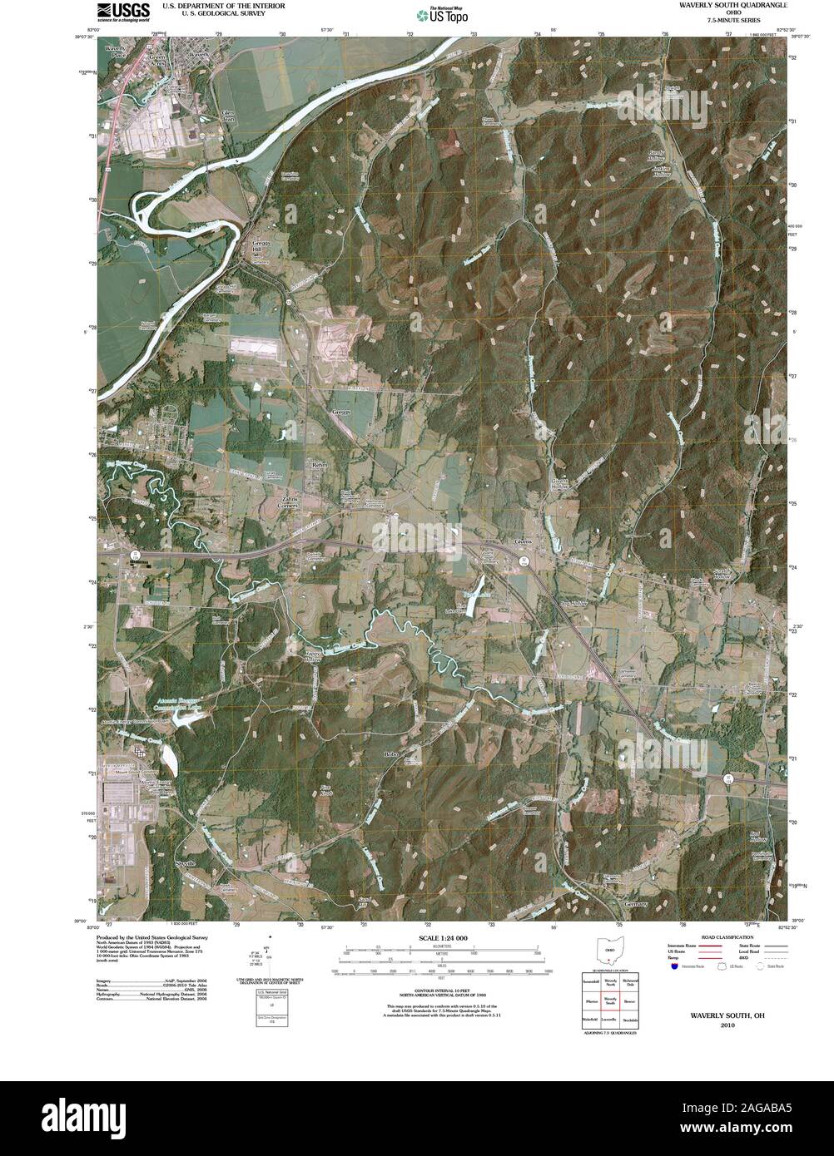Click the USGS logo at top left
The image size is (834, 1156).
pos(122,11)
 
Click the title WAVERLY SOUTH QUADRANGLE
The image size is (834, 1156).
pos(732,5)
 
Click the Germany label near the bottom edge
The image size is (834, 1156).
pos(634,903)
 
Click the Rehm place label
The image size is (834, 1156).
pos(320,464)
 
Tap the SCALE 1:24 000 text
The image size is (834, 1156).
pos(438,938)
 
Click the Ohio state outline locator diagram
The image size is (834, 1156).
pos(610,950)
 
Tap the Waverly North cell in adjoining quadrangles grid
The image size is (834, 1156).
pos(610,983)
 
